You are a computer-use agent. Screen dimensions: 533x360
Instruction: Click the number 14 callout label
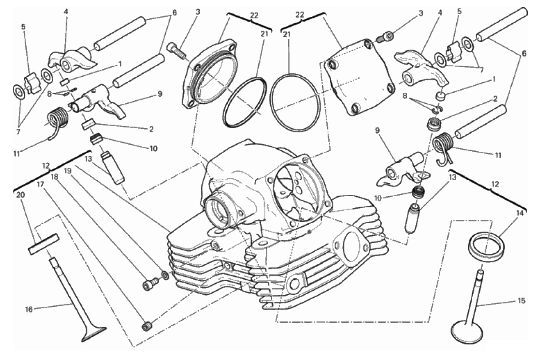[x=520, y=214]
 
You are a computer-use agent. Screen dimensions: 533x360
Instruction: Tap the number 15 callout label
[x=521, y=301]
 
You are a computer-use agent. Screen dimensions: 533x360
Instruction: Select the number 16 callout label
[x=29, y=309]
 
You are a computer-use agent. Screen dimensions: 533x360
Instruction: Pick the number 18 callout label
[x=54, y=177]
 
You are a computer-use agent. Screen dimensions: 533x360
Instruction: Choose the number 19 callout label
[x=67, y=170]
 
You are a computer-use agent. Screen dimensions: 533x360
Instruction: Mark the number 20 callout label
[x=20, y=195]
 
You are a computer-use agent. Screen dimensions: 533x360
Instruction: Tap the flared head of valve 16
[x=93, y=334]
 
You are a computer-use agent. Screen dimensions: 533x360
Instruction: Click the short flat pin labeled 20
[x=43, y=244]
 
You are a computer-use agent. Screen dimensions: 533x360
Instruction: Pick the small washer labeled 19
[x=165, y=275]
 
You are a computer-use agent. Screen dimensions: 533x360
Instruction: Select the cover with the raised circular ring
[x=209, y=75]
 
